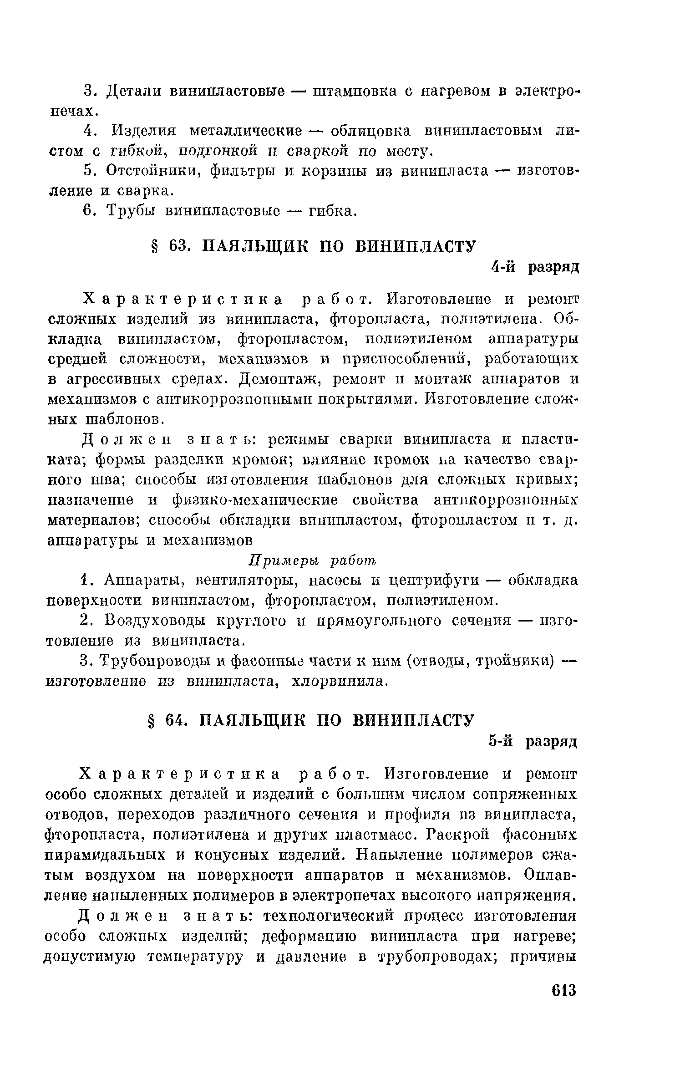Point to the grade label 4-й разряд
pyautogui.click(x=535, y=267)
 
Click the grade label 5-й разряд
pyautogui.click(x=533, y=742)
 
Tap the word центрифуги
pyautogui.click(x=435, y=581)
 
